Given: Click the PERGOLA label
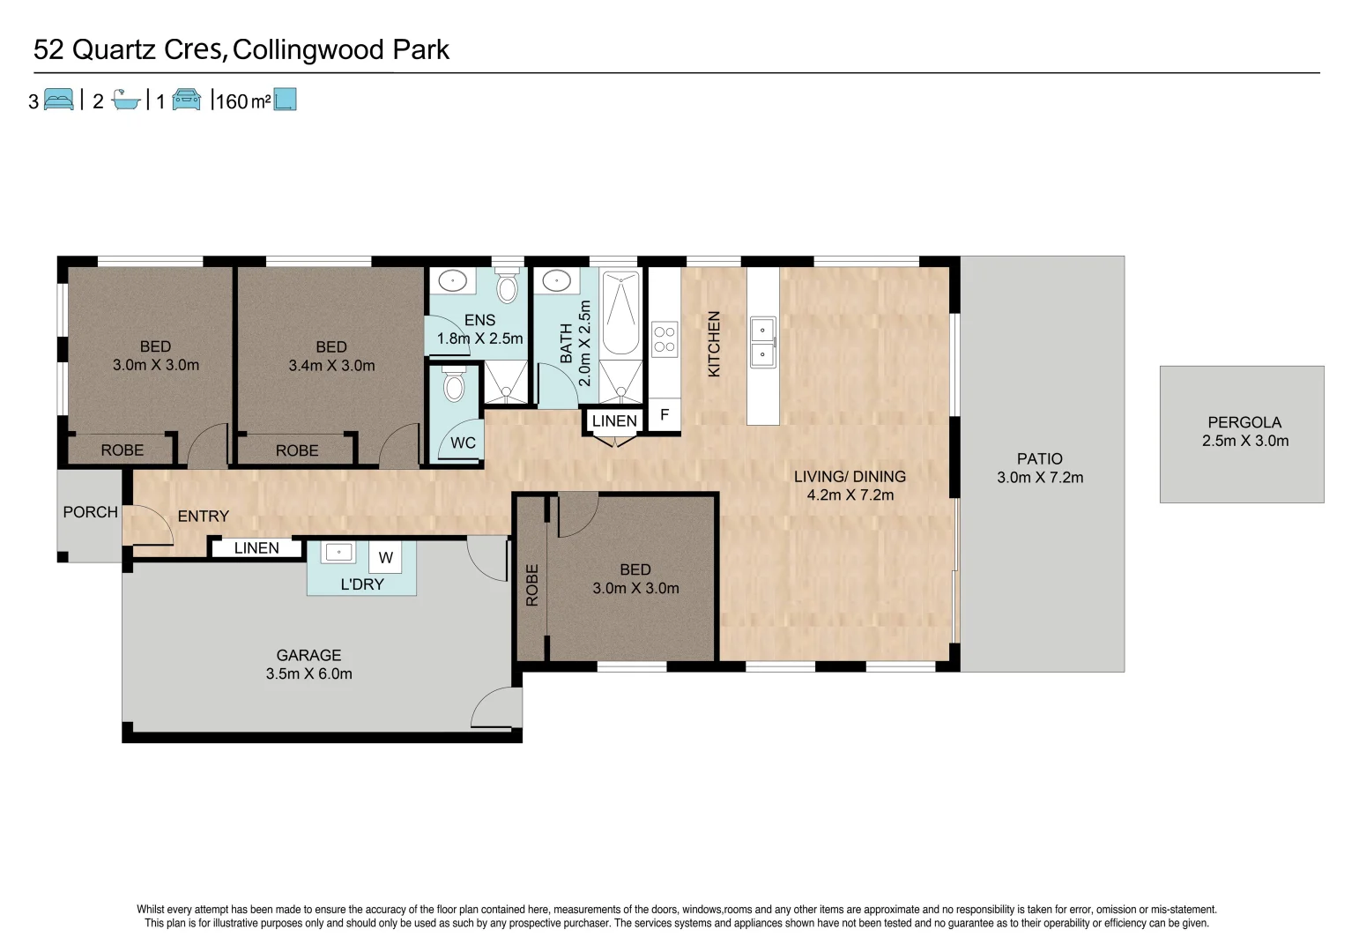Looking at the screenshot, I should coord(1244,423).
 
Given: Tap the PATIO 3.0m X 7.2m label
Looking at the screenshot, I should coord(1039,468).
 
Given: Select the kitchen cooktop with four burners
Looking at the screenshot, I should coord(665,339).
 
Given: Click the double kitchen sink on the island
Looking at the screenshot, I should coord(762,343).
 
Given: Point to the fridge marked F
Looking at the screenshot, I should coord(665,415).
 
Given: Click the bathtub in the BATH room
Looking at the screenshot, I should coord(620,314).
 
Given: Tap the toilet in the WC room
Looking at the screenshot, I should coord(454,385).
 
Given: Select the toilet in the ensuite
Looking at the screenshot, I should coord(507,287).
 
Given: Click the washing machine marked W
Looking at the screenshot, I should coord(386,557).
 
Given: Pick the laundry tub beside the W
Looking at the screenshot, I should coord(338,554).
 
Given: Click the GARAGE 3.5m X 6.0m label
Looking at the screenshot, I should coord(308,665).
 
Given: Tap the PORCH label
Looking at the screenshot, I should coord(90,512).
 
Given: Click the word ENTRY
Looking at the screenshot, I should coord(203,517).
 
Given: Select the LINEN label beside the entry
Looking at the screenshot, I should coord(256,548).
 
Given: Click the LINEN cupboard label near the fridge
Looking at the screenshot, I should coord(614,421).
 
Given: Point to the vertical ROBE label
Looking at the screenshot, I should coord(531,585).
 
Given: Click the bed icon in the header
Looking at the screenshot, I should coord(58,100).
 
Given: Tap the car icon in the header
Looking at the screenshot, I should coord(186,100).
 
